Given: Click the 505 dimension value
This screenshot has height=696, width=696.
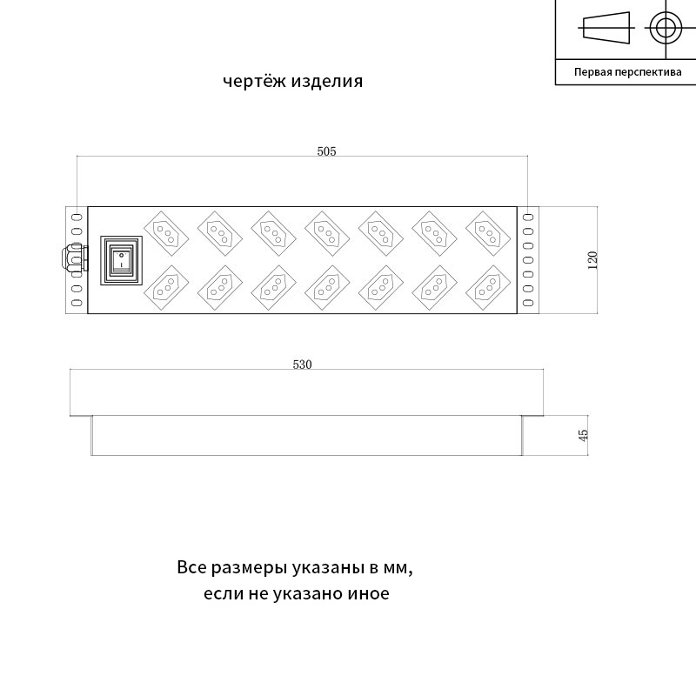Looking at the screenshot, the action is [326, 151].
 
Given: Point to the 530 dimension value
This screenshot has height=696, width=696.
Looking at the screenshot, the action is [302, 365].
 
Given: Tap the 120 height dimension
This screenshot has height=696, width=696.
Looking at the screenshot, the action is [592, 260].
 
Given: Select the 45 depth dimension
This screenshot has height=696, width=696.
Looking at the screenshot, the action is [584, 435].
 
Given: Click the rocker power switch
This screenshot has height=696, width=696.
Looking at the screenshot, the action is [121, 260].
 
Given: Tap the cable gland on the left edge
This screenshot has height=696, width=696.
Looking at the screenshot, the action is [74, 258].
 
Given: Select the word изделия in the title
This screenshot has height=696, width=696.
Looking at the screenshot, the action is [327, 82].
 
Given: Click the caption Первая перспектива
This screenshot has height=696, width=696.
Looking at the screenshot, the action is [627, 72].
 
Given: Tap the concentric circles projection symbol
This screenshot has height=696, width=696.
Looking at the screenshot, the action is [666, 28].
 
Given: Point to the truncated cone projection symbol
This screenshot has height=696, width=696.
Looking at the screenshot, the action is [606, 28].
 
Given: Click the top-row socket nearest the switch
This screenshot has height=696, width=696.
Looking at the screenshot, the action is [166, 233].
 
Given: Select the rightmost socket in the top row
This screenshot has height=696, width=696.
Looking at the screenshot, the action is [488, 233].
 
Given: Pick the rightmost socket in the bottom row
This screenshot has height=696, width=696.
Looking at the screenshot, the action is [488, 288].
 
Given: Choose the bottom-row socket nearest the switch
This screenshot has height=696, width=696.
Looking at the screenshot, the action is [166, 288].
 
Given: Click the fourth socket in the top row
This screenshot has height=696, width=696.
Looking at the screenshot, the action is [327, 233].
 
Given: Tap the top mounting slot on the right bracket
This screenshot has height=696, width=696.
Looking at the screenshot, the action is [528, 217].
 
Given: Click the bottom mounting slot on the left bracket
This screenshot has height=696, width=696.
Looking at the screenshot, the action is [77, 303].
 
